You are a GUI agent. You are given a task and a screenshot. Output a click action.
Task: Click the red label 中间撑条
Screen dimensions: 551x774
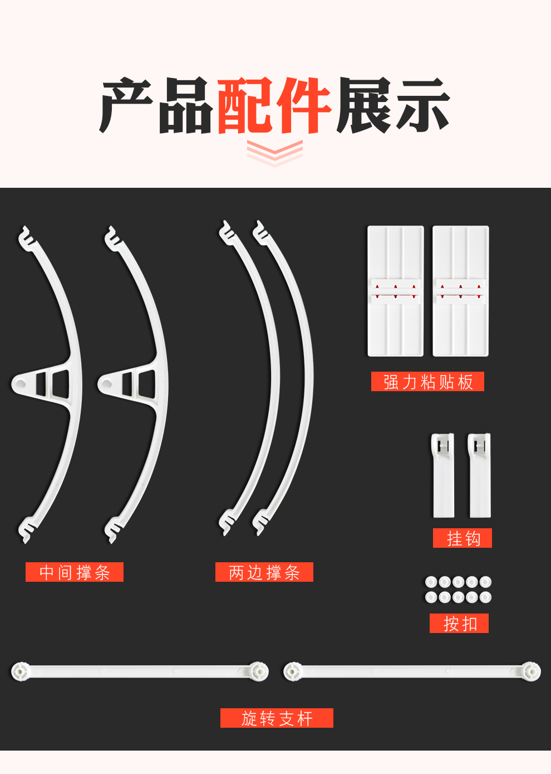75,572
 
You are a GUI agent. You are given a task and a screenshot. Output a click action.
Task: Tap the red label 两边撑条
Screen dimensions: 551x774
264,572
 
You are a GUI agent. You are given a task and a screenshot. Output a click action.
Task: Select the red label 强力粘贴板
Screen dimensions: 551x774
427,382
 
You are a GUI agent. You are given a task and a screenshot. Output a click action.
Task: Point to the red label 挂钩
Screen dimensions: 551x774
463,538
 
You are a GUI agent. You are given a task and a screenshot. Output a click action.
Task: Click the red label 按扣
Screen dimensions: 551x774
459,624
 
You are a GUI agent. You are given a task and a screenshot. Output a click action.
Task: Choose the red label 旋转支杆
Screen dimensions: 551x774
277,718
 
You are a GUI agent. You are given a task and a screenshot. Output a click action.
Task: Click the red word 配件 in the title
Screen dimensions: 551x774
274,105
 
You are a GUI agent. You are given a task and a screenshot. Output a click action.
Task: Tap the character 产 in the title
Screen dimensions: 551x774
126,105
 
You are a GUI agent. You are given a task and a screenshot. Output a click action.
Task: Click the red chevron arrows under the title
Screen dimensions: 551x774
275,153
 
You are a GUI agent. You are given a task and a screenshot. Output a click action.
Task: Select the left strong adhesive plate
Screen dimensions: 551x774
395,291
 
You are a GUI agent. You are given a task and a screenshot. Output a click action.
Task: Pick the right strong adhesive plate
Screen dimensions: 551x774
461,291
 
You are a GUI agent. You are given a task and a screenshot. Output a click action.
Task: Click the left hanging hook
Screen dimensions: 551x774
443,475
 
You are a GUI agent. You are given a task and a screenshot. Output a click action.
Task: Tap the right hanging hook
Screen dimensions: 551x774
480,475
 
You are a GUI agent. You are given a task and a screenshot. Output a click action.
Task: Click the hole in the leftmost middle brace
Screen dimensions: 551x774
20,383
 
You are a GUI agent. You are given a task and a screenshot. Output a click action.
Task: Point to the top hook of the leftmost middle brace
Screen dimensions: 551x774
26,237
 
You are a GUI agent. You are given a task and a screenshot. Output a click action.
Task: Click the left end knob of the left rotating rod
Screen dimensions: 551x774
21,671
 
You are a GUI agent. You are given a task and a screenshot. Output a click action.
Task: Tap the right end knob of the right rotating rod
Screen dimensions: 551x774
531,671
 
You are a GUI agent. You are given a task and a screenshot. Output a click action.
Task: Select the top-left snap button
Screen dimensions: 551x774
431,582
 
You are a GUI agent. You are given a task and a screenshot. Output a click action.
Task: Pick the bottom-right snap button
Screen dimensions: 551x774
485,597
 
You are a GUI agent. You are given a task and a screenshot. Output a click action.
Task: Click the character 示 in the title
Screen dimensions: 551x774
423,105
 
